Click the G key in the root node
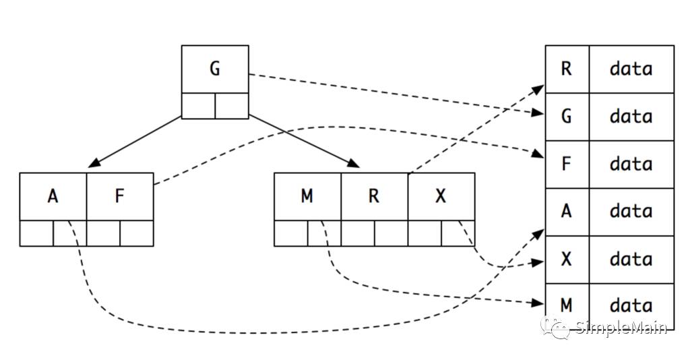(215, 69)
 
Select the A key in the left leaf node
(53, 196)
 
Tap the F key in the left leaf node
(120, 196)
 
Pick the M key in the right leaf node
(307, 196)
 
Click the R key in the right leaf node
(374, 196)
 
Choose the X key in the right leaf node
(441, 196)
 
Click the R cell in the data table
(567, 69)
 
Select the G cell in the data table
(567, 117)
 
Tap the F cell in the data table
(567, 164)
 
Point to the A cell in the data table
(567, 212)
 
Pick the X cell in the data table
(567, 259)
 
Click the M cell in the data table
(567, 305)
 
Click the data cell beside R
(631, 69)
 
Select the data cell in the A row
(631, 212)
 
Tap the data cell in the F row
(631, 164)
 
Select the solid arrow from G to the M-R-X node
(303, 140)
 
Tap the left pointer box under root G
(199, 106)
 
